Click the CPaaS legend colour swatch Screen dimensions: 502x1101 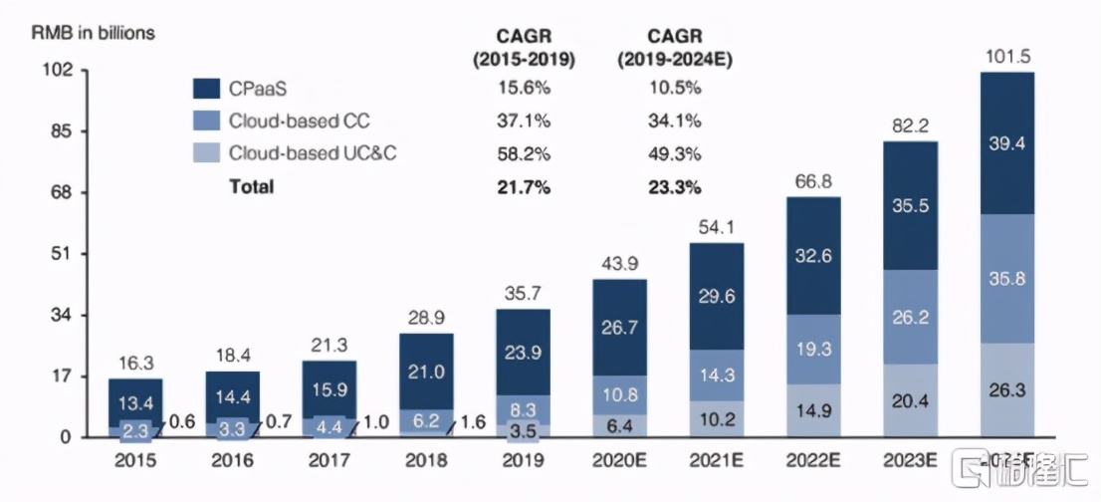[x=206, y=89]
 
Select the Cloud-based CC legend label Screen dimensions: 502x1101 [x=299, y=122]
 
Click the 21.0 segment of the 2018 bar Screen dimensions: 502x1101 [x=426, y=372]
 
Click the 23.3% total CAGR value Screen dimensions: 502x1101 [x=673, y=186]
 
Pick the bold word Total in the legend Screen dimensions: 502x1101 [x=251, y=186]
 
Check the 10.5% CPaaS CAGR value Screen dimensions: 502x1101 [x=673, y=89]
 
